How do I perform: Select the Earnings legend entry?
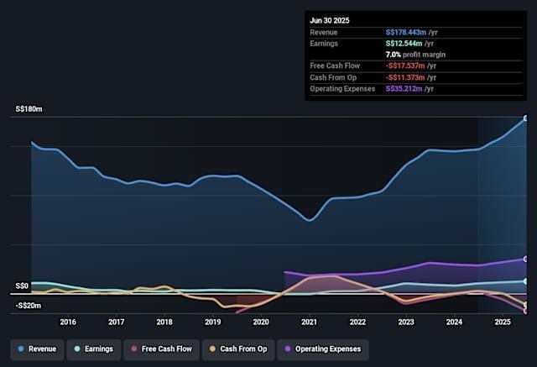click(95, 349)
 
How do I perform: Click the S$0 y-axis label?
click(22, 286)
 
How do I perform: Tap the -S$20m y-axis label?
click(28, 306)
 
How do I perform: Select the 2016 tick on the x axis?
click(68, 322)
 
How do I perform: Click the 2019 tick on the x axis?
click(213, 322)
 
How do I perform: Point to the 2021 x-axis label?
click(310, 322)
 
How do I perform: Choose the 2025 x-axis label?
click(503, 322)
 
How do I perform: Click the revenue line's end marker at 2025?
click(526, 118)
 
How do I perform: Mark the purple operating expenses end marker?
click(526, 259)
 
